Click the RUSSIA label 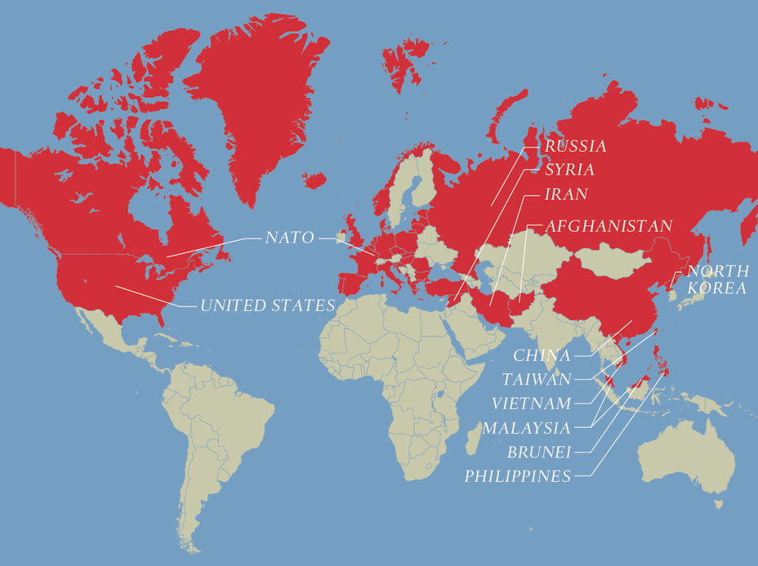(x=576, y=146)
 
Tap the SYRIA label (x=569, y=170)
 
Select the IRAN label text (x=566, y=195)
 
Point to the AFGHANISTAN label (x=609, y=225)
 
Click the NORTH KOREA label (x=716, y=279)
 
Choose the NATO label (x=289, y=238)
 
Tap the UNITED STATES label (x=268, y=305)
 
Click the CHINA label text (x=542, y=355)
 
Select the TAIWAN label (x=537, y=379)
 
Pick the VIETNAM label (x=531, y=403)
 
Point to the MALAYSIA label (x=526, y=428)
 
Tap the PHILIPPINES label (x=518, y=476)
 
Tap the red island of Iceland (x=314, y=180)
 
